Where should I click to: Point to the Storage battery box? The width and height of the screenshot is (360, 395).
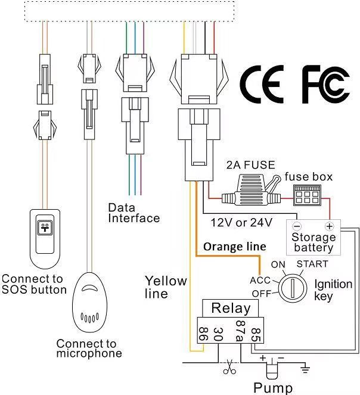(x=314, y=237)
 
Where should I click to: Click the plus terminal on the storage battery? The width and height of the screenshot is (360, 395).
(x=328, y=226)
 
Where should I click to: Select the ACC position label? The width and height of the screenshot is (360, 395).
(x=260, y=279)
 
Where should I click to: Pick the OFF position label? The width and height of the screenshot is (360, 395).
(x=261, y=294)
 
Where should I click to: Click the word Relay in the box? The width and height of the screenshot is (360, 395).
(x=231, y=309)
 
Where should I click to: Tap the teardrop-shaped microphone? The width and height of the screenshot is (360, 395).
(x=88, y=300)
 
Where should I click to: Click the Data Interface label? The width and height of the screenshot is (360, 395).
(x=134, y=213)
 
